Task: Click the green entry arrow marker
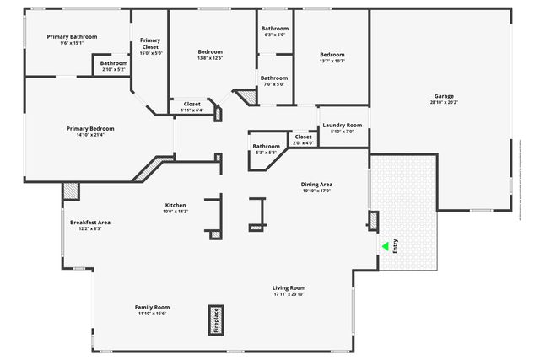coord(385,246)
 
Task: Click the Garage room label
coord(444,95)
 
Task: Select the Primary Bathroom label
coord(73,37)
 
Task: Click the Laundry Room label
coord(343,125)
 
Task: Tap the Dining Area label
coord(317,184)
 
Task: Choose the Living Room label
coord(289,288)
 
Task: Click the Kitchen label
coord(175,205)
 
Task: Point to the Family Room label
coord(153,307)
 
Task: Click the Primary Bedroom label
coord(90,128)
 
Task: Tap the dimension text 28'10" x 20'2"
coord(444,103)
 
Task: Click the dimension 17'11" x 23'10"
coord(289,295)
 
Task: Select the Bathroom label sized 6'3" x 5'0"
coord(274,29)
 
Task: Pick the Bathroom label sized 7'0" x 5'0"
coord(273,78)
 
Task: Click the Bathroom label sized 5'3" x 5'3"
coord(266,146)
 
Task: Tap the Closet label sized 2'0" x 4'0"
coord(303,137)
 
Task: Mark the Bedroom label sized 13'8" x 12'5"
coord(210,51)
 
